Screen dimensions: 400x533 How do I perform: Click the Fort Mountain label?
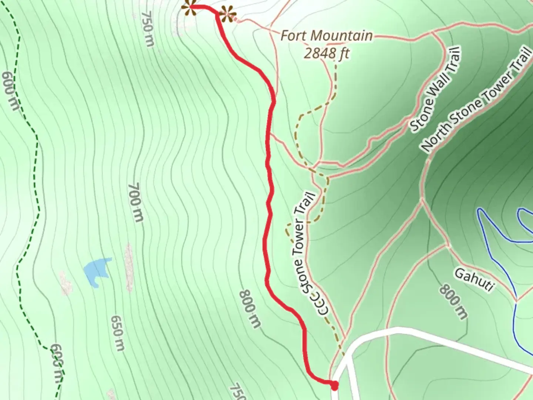[326, 36]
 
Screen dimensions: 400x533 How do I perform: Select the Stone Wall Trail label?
[435, 89]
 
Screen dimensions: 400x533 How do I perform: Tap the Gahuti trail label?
[474, 280]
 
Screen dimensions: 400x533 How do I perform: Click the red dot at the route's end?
[334, 386]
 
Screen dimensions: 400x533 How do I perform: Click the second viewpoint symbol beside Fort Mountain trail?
[227, 15]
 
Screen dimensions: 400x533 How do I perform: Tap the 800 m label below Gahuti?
[454, 302]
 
